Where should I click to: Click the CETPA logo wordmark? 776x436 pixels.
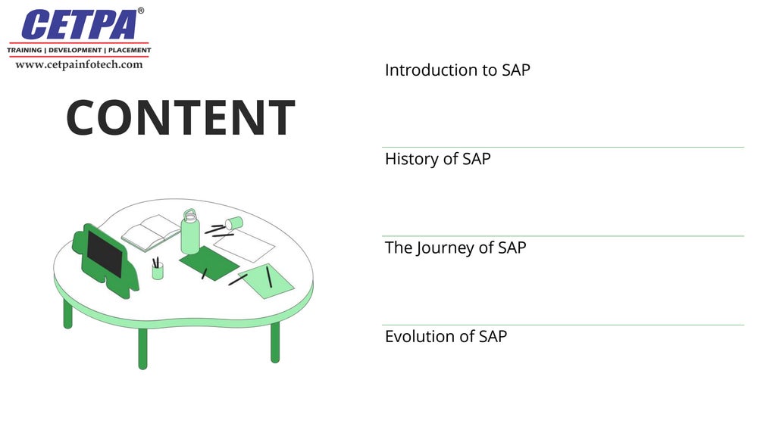80,25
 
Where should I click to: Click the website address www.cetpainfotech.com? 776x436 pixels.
79,65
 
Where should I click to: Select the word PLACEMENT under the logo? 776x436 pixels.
130,50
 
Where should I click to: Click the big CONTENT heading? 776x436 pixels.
180,118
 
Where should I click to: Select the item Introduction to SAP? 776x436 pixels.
457,70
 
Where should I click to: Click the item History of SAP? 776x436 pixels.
437,159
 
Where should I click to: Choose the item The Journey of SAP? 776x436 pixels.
455,248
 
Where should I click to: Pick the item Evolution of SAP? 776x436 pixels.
446,336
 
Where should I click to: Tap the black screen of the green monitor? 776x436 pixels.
105,254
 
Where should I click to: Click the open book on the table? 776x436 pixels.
152,232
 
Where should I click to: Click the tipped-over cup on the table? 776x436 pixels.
233,223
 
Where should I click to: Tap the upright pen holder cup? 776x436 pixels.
158,271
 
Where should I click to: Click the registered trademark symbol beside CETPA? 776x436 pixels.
141,11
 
